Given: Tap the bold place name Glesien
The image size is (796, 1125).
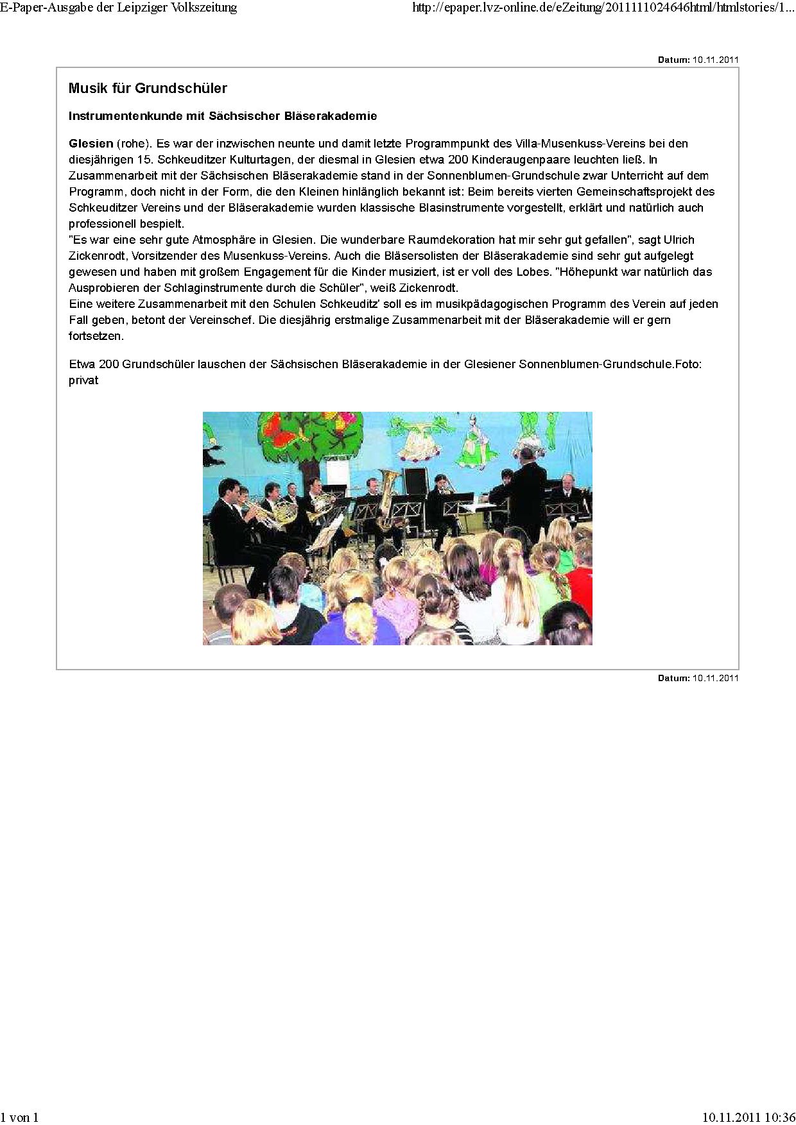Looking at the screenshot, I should pos(91,144).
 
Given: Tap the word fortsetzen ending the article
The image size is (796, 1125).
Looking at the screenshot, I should pos(96,336).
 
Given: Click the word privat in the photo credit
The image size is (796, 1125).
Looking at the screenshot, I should pos(83,380).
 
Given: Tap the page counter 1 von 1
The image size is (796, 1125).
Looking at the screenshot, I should pos(20,1117).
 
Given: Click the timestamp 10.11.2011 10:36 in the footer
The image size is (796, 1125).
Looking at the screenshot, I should pos(748,1117).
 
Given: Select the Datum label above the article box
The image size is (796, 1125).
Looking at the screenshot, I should pos(673,60).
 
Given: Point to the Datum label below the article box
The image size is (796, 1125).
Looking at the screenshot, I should pos(673,678).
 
